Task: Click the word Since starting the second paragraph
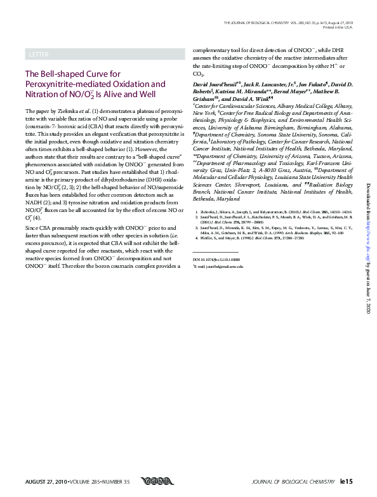pyautogui.click(x=31, y=227)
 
